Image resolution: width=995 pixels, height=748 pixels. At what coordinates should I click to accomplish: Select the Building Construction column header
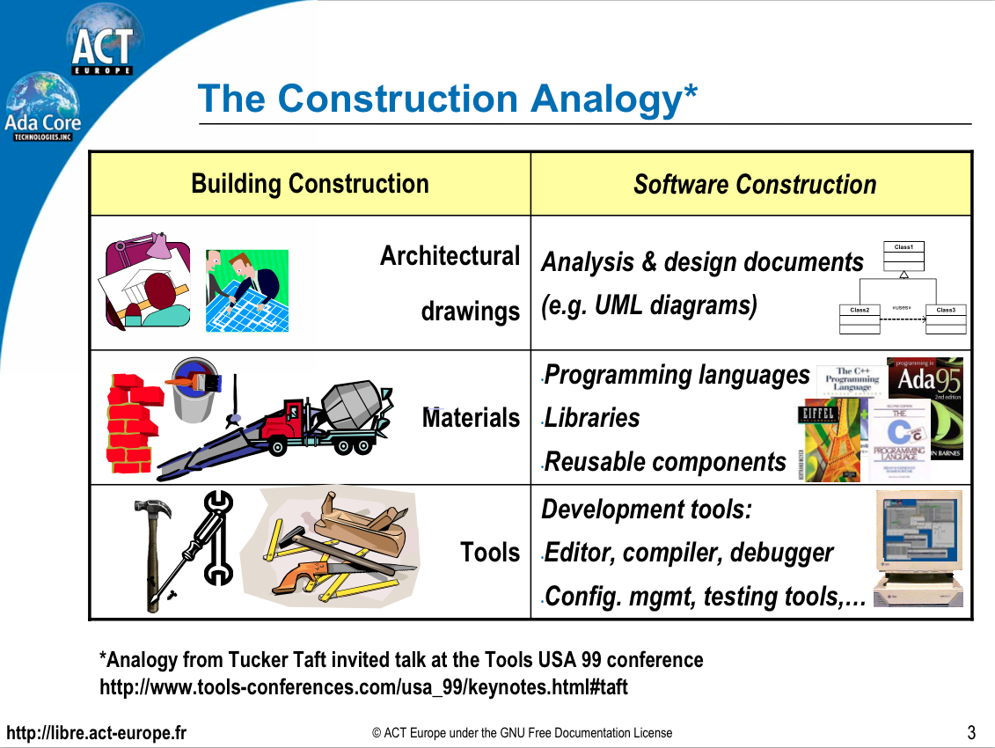(x=310, y=184)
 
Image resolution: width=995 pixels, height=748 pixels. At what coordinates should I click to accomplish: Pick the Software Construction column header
(x=754, y=185)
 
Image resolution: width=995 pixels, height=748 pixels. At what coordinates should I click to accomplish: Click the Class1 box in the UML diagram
(x=904, y=256)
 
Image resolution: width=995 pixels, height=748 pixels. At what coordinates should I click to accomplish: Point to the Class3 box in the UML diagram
(x=946, y=319)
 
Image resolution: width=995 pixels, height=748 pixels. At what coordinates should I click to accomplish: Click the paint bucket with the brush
(x=195, y=387)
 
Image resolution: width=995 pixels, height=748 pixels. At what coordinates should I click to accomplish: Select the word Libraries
(x=592, y=418)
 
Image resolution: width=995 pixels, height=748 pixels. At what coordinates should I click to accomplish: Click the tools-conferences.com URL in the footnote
(x=364, y=687)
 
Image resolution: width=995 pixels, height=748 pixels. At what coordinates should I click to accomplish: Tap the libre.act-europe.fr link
(x=97, y=733)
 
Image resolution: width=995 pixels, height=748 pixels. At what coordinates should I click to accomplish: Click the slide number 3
(x=971, y=732)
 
